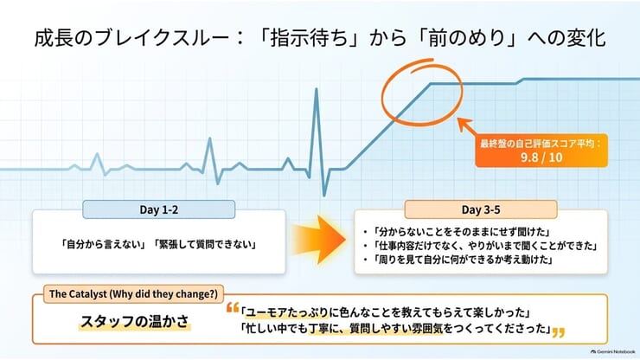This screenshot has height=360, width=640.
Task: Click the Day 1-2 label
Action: (x=159, y=209)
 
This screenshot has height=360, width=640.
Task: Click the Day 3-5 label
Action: (x=481, y=209)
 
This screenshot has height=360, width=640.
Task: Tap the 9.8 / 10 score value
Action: (x=541, y=157)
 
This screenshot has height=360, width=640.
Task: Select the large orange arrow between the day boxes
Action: (x=319, y=240)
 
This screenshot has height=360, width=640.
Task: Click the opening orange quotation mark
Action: (x=233, y=308)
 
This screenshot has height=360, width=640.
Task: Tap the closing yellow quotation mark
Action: (x=559, y=332)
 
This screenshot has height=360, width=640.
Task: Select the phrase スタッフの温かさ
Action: (x=135, y=322)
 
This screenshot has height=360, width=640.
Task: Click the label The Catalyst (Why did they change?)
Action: (x=133, y=294)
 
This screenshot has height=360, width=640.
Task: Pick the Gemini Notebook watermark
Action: (x=612, y=351)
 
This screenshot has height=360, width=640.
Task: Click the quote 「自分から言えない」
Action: (x=104, y=244)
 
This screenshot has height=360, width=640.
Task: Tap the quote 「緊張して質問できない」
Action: (x=205, y=244)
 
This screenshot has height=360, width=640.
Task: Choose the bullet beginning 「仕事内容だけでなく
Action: (x=481, y=246)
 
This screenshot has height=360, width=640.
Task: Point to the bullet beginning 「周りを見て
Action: (x=458, y=259)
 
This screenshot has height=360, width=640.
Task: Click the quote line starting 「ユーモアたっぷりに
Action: (x=386, y=312)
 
